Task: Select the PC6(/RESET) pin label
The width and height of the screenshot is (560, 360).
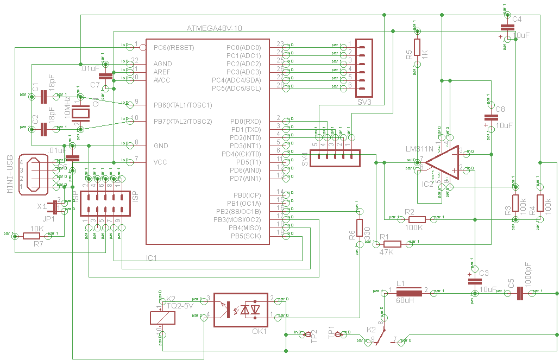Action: [174, 47]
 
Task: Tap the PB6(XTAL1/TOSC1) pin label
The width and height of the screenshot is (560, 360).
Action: [183, 105]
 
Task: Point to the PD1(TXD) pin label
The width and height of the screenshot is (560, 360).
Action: [246, 129]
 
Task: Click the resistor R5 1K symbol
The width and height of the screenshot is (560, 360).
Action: [417, 47]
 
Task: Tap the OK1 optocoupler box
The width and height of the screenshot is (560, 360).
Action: [241, 310]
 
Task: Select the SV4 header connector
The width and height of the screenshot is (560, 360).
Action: [335, 157]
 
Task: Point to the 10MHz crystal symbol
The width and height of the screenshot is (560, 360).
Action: [81, 113]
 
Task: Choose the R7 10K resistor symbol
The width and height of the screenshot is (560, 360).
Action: [37, 236]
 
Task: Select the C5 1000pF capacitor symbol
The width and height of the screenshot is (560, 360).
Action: [520, 293]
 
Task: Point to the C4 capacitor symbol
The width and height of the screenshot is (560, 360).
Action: [507, 27]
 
